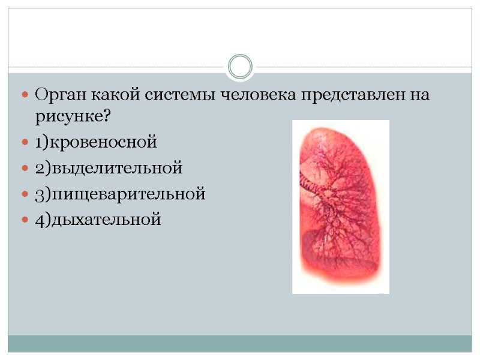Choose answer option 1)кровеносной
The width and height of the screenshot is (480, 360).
point(95,143)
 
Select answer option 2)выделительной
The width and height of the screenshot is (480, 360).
point(108,168)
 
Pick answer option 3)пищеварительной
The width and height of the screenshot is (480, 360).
point(120,194)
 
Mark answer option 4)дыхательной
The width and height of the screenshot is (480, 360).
point(98,220)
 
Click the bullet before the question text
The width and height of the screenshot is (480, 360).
point(25,95)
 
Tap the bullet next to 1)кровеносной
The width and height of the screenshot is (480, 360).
point(25,143)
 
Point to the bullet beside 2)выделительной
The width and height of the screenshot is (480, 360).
point(25,168)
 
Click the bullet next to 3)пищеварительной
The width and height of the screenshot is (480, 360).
point(25,194)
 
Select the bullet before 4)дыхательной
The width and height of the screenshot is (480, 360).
point(25,220)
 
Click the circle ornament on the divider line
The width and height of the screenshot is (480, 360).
point(241,66)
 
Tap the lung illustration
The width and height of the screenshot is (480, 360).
point(339,210)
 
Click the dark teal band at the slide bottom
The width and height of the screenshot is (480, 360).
point(240,343)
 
